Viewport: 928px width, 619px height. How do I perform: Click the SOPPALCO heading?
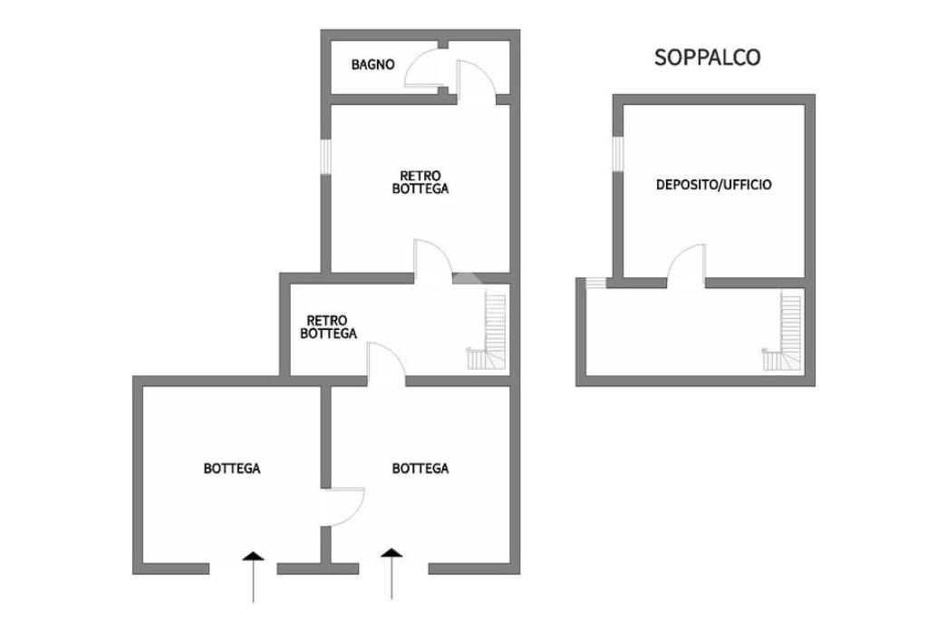point(707,58)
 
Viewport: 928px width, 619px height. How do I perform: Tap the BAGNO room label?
point(372,64)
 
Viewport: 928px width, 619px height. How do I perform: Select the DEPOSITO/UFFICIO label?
point(713,185)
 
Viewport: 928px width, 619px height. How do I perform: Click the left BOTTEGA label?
point(232,469)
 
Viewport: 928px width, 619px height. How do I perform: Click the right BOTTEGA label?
point(420,469)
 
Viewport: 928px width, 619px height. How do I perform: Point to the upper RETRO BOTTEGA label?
point(420,182)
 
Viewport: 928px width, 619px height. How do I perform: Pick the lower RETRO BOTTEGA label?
point(328,327)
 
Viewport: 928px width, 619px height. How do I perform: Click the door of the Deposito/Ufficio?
point(688,265)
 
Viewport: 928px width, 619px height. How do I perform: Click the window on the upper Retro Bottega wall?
point(326,155)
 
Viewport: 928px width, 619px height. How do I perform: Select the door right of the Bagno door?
point(475,82)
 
